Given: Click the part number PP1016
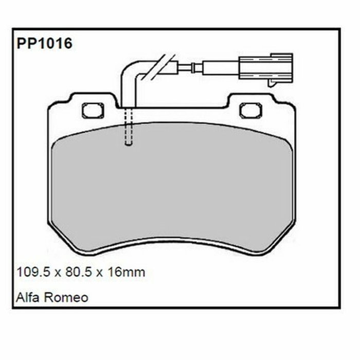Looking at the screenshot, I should click(44, 43).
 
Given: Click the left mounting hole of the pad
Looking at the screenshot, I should click(93, 110).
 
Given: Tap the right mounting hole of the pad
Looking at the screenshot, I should click(251, 110).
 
